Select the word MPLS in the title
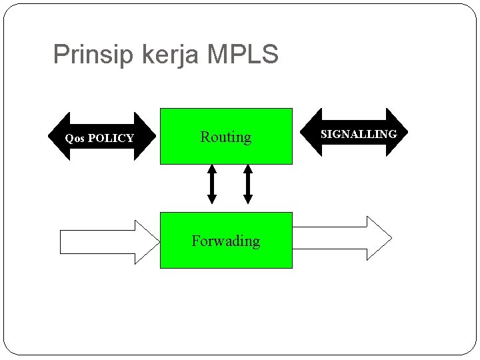(x=243, y=55)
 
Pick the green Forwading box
(x=226, y=257)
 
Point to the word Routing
(x=226, y=137)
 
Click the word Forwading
(x=226, y=241)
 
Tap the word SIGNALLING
(x=359, y=134)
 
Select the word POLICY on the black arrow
(x=111, y=139)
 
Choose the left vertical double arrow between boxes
(x=211, y=184)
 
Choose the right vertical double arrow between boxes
(x=248, y=184)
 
